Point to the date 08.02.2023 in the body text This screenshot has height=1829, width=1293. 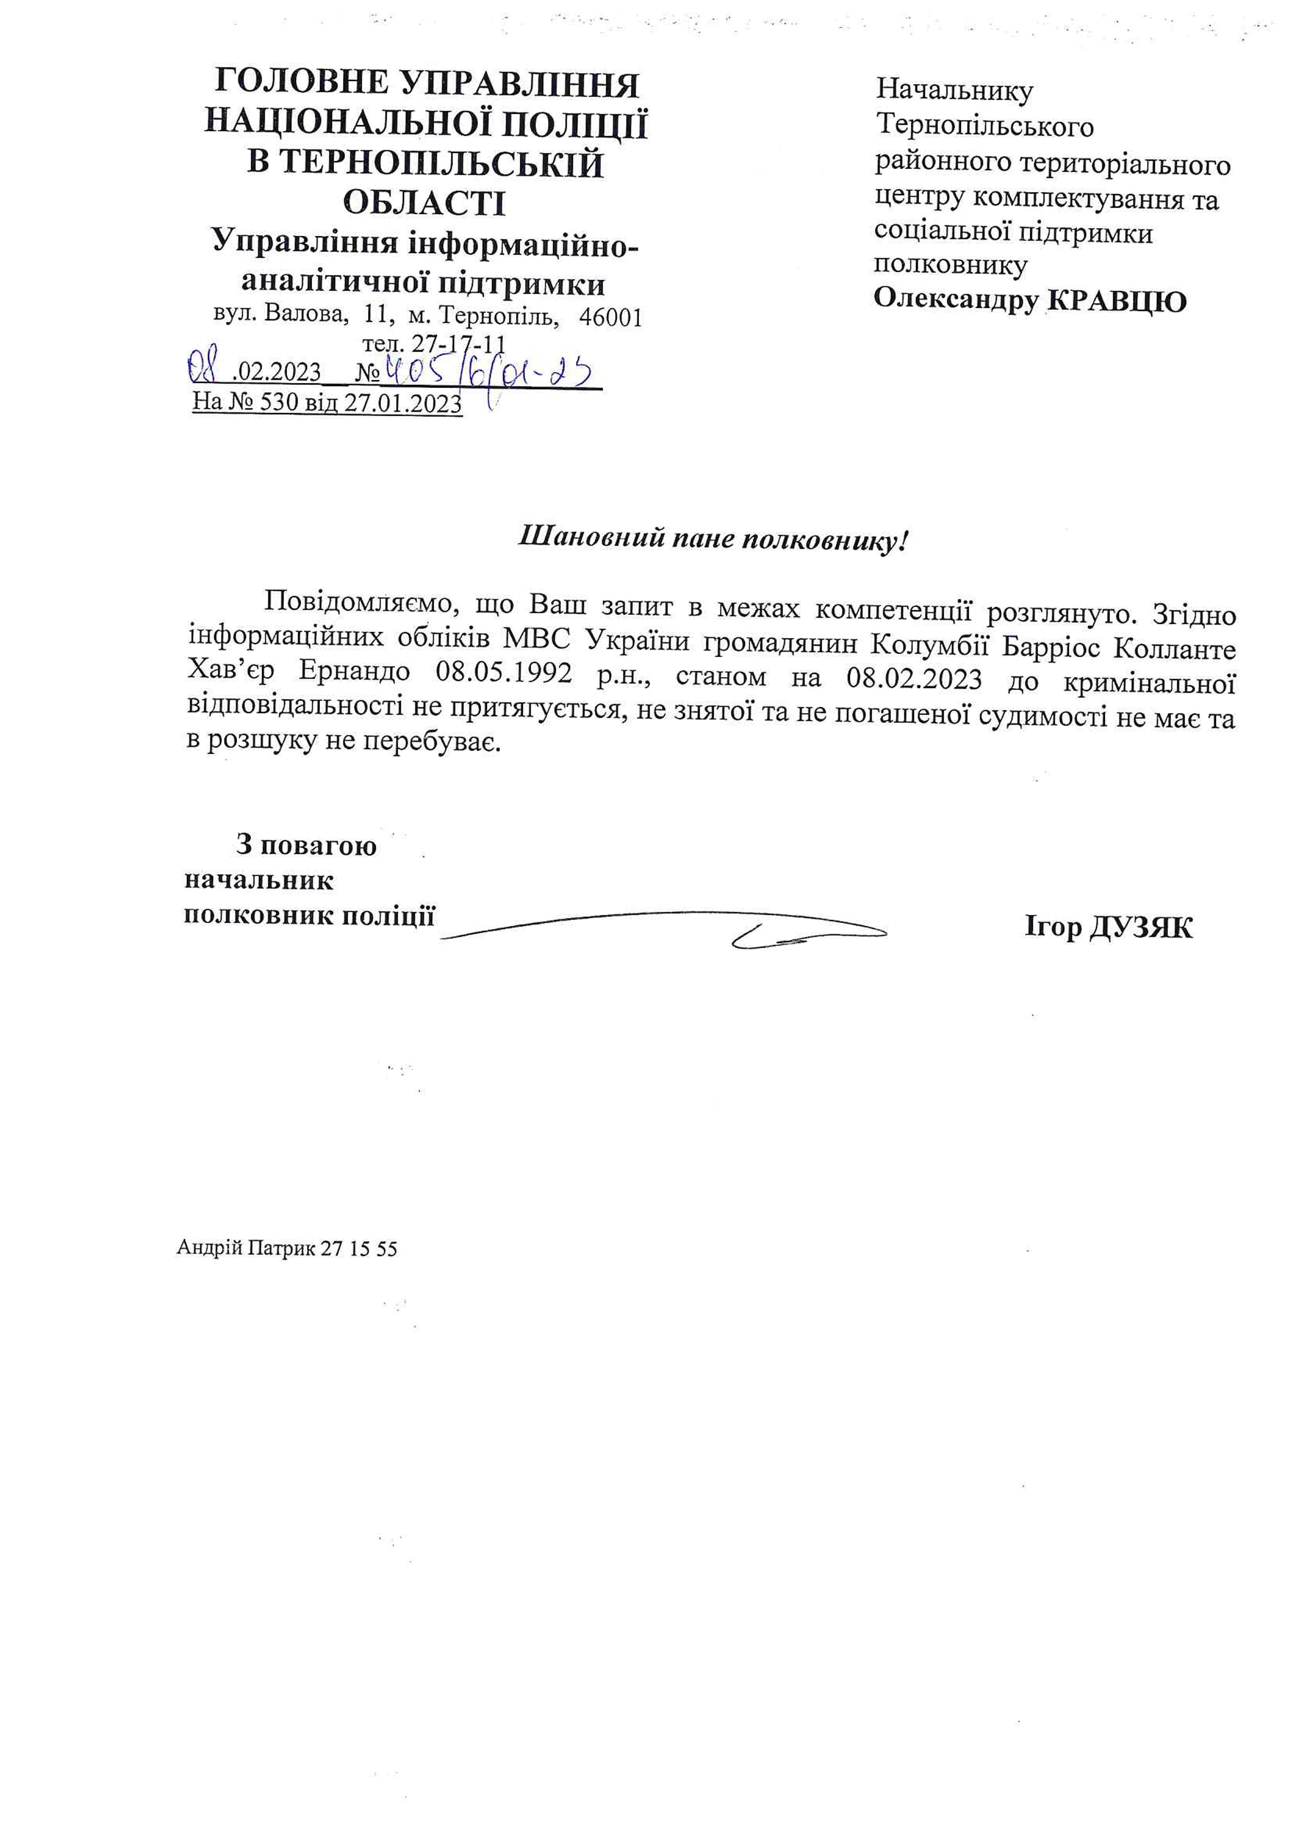914,678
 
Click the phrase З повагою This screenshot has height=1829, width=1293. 306,844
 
